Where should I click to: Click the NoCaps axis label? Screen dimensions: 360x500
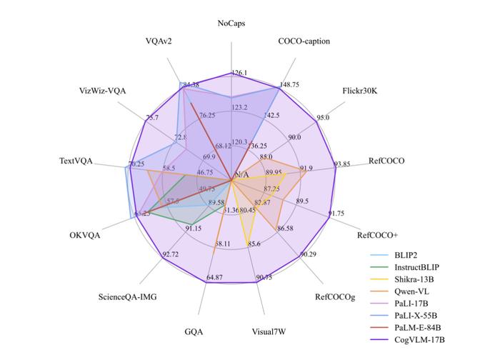232,24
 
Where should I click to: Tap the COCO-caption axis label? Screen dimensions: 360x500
304,41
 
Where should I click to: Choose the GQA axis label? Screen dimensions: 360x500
194,331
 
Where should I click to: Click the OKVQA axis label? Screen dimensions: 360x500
85,234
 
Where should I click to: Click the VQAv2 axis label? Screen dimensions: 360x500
156,41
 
